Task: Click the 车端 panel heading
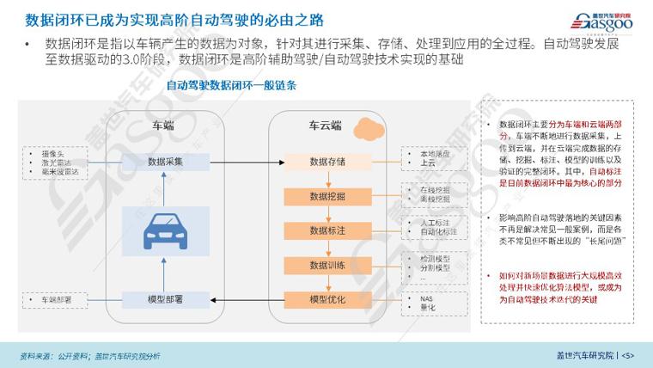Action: point(163,125)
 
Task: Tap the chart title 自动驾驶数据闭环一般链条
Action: point(231,86)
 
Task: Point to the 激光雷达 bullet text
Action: point(57,161)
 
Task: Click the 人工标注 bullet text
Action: point(435,224)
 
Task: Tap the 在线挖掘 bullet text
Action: point(435,189)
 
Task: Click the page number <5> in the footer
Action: point(627,355)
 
